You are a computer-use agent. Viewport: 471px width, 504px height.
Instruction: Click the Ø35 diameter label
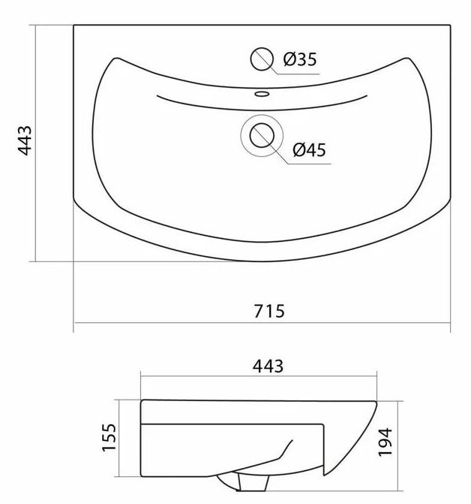300,59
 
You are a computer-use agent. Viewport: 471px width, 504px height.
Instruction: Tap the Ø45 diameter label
309,149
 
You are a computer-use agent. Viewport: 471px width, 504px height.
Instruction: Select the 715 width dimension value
269,311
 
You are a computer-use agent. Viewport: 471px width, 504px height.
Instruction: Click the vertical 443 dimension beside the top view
25,140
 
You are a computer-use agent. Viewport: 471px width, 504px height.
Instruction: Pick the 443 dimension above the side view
268,366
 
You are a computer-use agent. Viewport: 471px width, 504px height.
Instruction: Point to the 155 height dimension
109,437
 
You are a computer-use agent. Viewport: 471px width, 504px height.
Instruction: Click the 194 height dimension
385,442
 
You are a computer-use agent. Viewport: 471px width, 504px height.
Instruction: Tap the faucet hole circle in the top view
262,59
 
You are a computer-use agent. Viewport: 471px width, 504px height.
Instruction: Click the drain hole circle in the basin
262,135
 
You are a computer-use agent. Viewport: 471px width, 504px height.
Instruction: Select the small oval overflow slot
262,94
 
